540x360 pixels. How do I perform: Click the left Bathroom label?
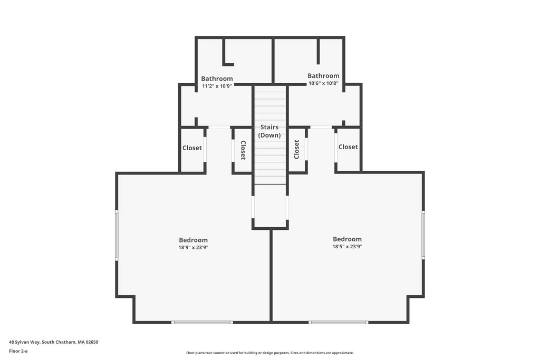pos(217,79)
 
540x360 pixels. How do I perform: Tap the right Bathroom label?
pos(323,76)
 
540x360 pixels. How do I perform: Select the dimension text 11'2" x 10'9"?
pos(217,86)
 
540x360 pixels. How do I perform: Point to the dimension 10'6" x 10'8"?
pos(323,83)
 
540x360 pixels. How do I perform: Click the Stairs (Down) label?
pos(269,131)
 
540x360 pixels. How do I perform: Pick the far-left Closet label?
pos(192,148)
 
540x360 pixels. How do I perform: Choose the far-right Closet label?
pos(348,147)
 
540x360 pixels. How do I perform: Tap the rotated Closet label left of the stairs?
pos(243,150)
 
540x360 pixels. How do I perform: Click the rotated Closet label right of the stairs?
pos(296,149)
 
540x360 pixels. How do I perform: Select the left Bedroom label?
pos(193,240)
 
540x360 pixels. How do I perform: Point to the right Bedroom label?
pos(347,239)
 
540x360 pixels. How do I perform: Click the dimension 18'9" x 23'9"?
pos(193,247)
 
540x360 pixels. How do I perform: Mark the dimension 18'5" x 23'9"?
pos(347,247)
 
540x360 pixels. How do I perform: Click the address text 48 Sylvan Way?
pos(24,342)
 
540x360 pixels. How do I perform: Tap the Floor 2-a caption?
pos(18,351)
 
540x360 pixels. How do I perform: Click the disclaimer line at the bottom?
pos(270,353)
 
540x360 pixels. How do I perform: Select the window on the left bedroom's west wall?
pos(117,236)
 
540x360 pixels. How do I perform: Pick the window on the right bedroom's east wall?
pos(423,235)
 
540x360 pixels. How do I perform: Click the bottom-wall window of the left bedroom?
pos(202,323)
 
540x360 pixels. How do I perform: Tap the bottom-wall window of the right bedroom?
pos(338,323)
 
